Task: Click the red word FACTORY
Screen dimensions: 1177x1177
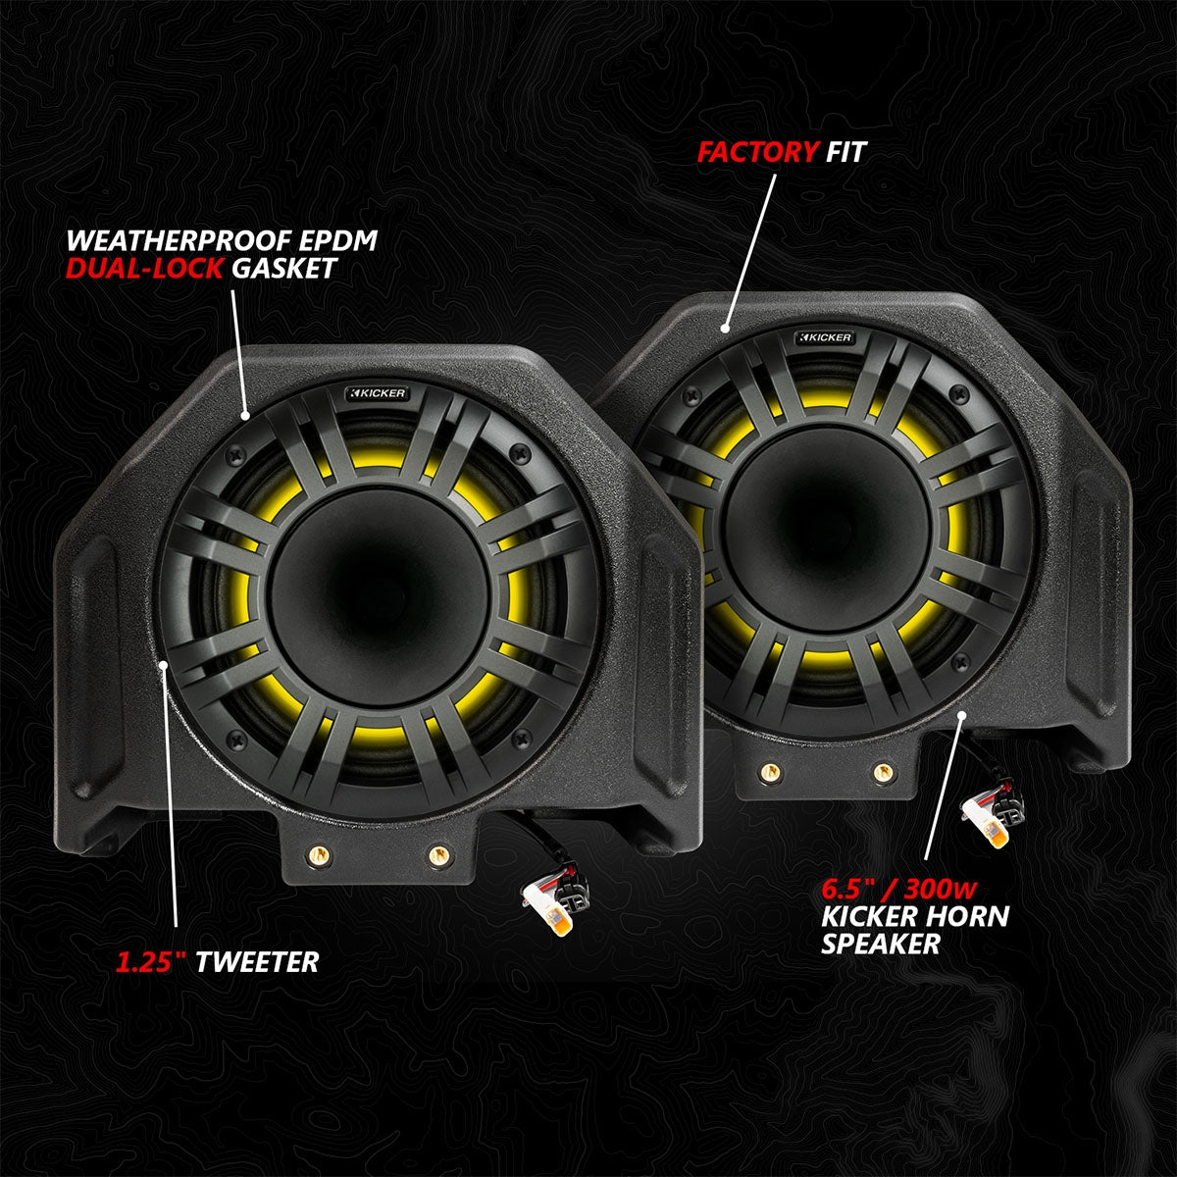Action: [756, 152]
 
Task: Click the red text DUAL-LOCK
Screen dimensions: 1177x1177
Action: [144, 269]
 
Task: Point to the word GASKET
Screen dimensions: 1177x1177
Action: [283, 269]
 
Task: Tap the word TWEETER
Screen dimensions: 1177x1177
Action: [257, 962]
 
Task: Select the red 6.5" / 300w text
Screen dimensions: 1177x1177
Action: [899, 891]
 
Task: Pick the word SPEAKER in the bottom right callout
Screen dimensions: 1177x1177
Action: [881, 944]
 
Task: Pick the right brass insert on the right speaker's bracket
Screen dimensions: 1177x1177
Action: [883, 772]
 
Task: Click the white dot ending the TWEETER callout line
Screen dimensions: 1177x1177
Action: [163, 666]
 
